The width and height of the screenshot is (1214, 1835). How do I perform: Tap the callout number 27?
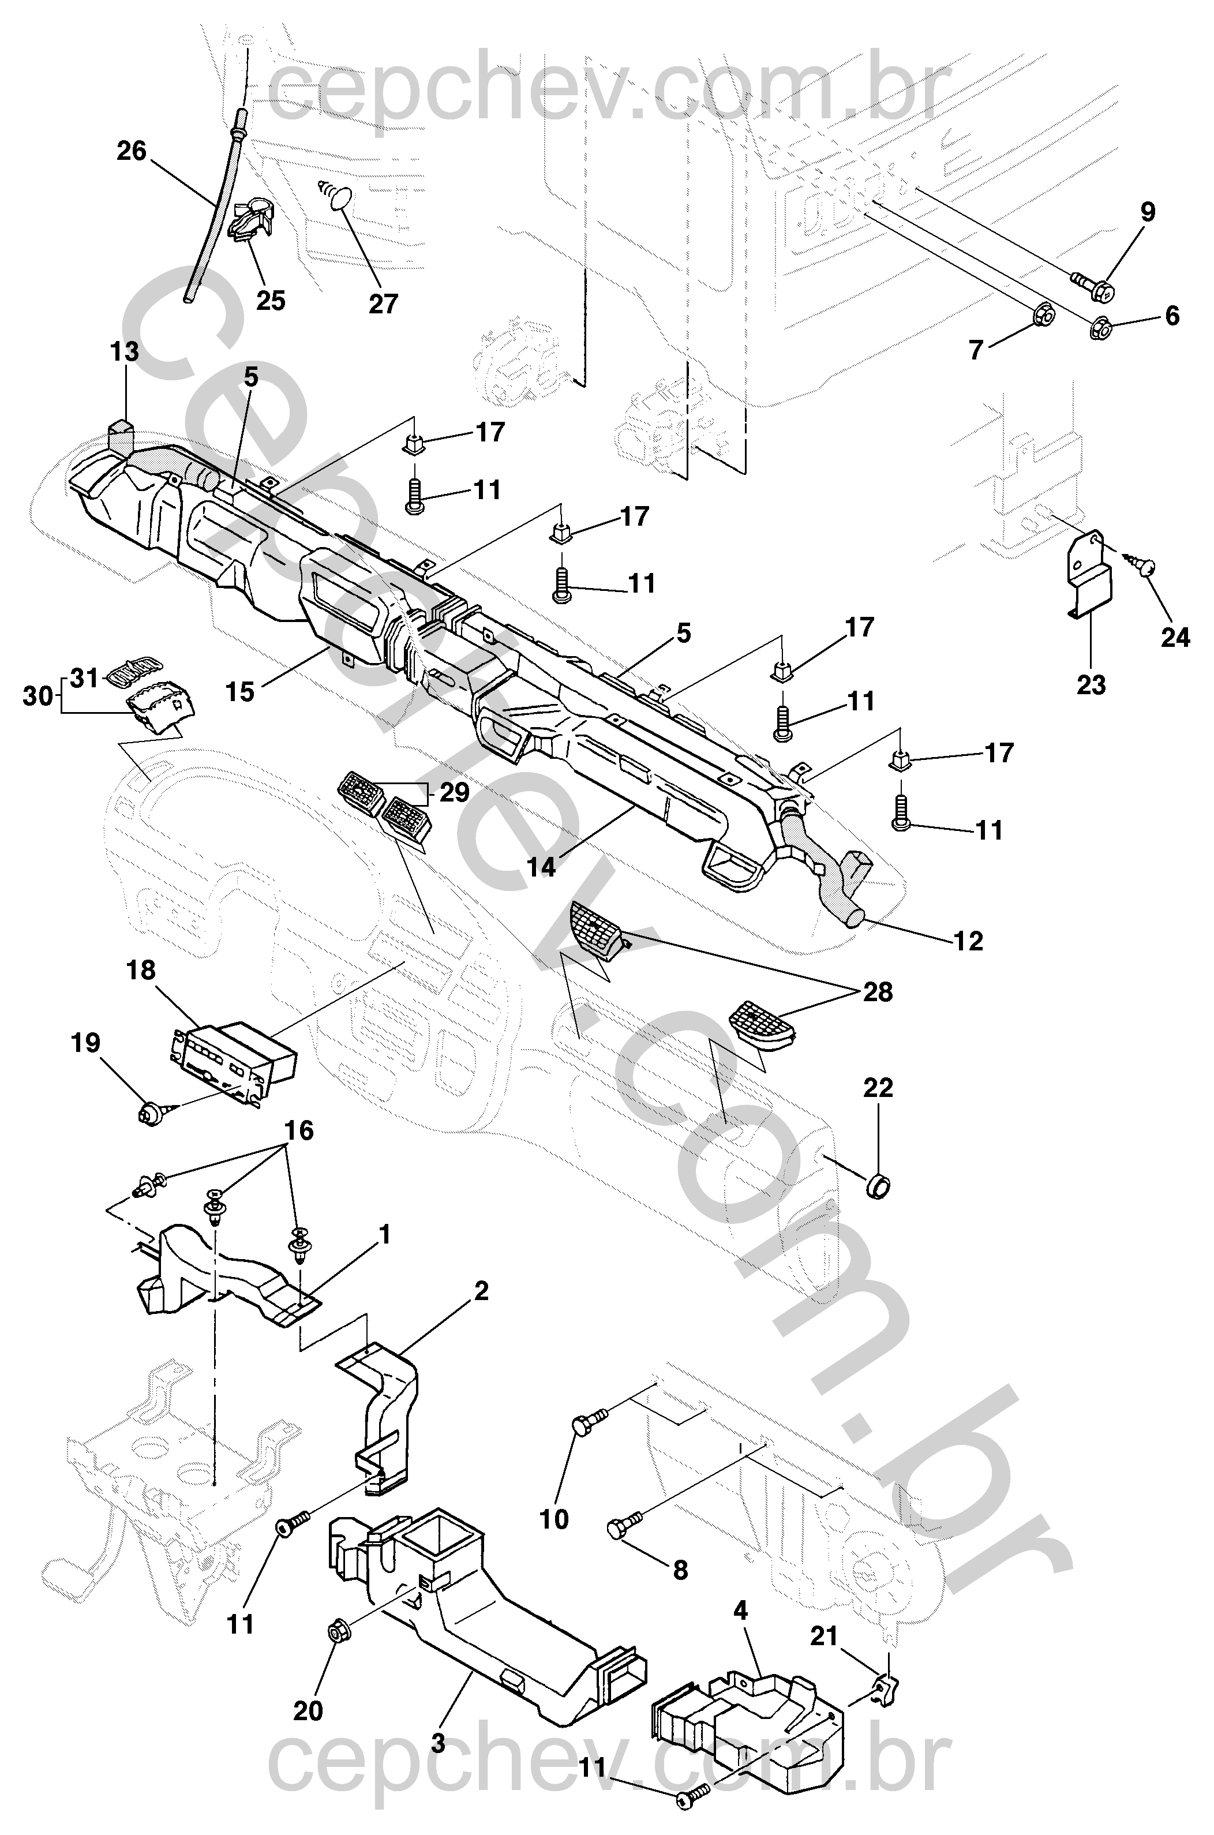pyautogui.click(x=383, y=304)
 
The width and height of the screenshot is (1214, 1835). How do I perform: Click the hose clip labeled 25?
pyautogui.click(x=251, y=222)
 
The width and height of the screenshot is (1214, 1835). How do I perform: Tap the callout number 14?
pyautogui.click(x=541, y=867)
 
